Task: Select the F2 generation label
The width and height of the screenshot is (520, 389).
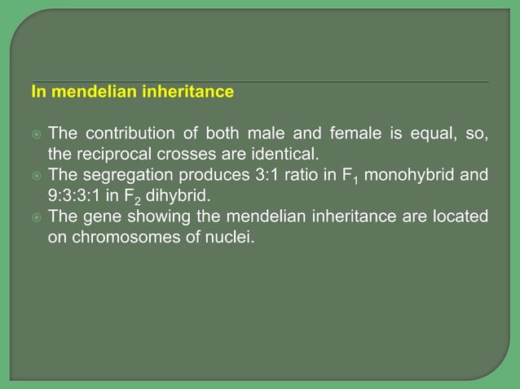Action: [x=130, y=196]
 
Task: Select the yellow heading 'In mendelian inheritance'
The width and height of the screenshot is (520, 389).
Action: [x=132, y=93]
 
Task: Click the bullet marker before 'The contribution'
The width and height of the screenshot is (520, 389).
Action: [x=36, y=133]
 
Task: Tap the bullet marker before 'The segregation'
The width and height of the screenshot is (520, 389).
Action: [x=36, y=174]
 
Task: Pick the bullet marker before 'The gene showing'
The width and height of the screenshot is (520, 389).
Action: [x=36, y=216]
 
